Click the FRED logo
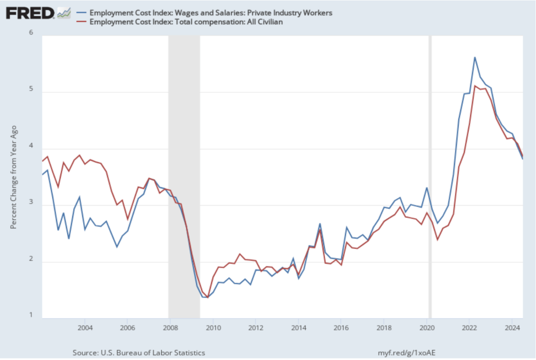coord(30,13)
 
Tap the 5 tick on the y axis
coord(31,90)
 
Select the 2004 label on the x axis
coord(85,329)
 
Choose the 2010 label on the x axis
coord(213,329)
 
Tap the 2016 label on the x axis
coord(341,329)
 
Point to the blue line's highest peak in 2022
coord(474,58)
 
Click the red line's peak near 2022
coord(474,86)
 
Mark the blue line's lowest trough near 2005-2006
coord(117,246)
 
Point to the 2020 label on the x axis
coord(427,329)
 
